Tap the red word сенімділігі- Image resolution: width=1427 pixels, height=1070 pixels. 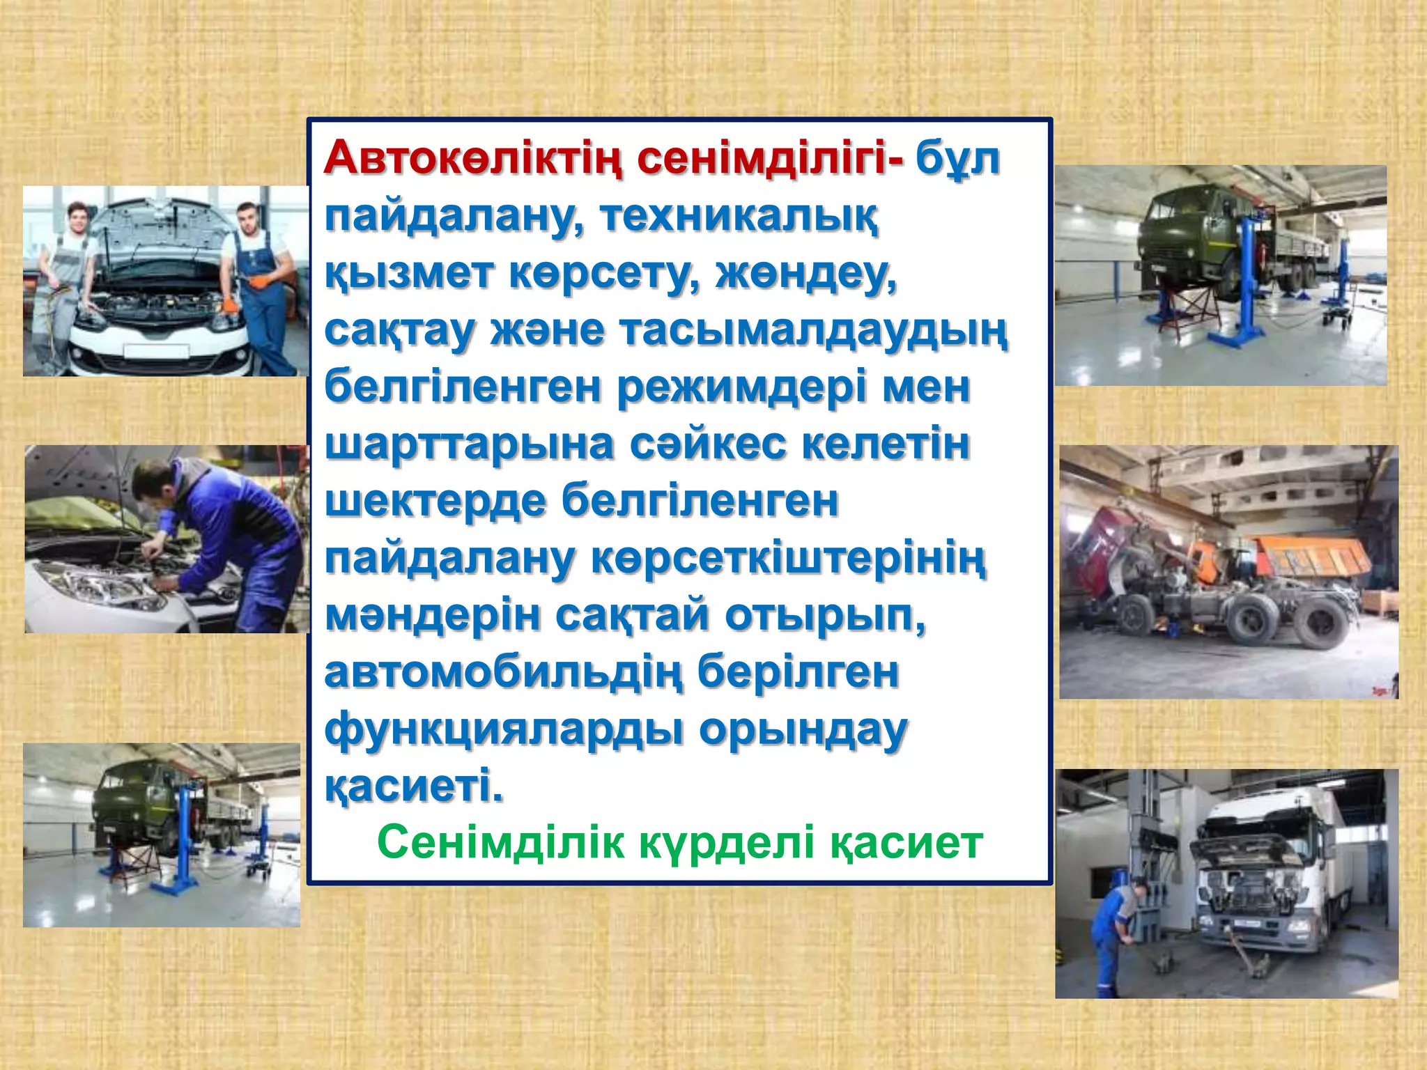click(x=770, y=160)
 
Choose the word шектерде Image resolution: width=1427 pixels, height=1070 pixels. click(x=435, y=502)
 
